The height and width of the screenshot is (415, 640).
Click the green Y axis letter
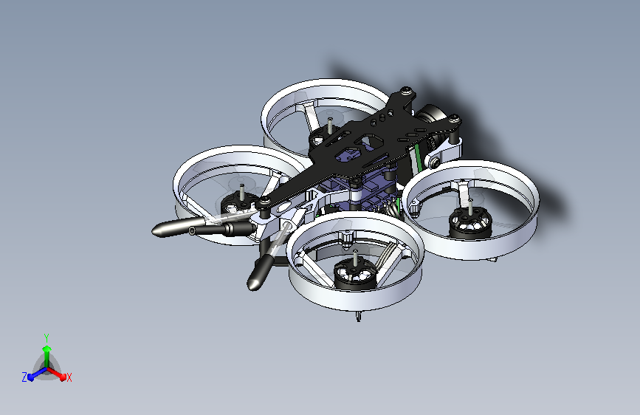46,336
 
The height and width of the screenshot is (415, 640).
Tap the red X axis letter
69,377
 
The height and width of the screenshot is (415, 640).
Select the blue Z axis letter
24,377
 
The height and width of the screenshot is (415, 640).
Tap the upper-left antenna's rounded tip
158,231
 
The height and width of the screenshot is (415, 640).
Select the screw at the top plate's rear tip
406,92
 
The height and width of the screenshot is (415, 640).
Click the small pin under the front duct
358,318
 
